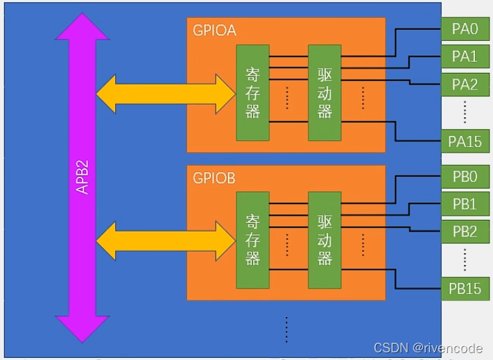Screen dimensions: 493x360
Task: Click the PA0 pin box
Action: pos(465,29)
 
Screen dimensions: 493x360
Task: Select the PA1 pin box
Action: pos(465,57)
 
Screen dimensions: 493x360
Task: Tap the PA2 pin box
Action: pos(465,85)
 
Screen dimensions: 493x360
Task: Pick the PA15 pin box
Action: pos(465,142)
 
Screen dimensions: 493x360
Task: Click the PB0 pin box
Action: pos(465,176)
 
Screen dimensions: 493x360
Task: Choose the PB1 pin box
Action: pos(465,204)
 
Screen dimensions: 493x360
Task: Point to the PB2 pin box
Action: pos(465,232)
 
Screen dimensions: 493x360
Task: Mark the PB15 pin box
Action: pos(465,289)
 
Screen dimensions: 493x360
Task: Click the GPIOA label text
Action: pos(214,31)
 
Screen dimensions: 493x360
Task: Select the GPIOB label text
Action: pos(214,178)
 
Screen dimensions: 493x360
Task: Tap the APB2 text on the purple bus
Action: pos(83,177)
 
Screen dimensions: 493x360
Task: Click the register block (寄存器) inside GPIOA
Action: pos(253,93)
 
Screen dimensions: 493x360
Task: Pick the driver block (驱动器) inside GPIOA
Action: pos(325,93)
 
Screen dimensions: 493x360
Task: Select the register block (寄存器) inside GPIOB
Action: pos(253,240)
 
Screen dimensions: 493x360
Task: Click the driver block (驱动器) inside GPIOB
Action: pos(325,240)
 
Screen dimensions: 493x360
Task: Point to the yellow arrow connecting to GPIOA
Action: pos(166,94)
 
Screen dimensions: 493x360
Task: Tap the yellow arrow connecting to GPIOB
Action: pos(166,241)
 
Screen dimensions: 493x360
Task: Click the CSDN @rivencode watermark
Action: pos(429,348)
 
